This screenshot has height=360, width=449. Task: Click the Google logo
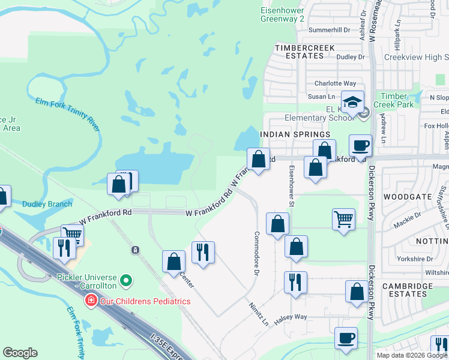(x=20, y=353)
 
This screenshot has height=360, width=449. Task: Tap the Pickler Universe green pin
(x=125, y=280)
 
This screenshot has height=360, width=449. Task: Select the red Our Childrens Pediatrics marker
(x=91, y=300)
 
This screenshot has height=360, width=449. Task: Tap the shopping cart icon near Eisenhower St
(x=343, y=219)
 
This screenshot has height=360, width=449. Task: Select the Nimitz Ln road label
(x=258, y=314)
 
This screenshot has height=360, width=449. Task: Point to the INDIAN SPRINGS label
(x=287, y=134)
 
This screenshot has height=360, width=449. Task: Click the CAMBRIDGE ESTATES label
(x=407, y=291)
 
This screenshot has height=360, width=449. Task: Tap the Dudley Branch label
(x=47, y=204)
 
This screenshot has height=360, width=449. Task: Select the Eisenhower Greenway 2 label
(x=287, y=14)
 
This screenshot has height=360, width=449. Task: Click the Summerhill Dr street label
(x=328, y=29)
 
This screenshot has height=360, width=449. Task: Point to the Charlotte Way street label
(x=335, y=83)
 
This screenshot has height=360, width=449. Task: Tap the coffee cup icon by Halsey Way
(x=345, y=337)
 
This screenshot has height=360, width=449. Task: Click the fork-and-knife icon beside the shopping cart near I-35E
(x=62, y=248)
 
